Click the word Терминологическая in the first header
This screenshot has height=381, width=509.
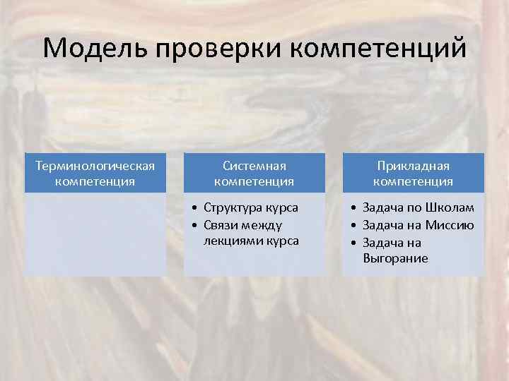point(95,165)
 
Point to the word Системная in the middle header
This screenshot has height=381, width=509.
point(255,165)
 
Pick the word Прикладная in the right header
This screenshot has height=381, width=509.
point(414,165)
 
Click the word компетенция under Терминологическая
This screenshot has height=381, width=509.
point(95,181)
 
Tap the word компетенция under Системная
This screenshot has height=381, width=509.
point(255,181)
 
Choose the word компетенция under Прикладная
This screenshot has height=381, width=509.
point(414,181)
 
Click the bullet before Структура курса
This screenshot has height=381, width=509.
point(194,208)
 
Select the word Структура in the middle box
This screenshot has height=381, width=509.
point(230,208)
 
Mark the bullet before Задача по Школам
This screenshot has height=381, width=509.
point(353,208)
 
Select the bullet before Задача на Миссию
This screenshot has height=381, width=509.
point(353,225)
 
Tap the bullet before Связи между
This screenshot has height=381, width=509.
point(194,225)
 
